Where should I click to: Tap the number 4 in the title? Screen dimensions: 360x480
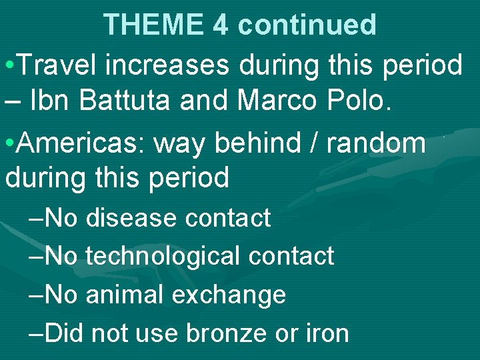coord(221,25)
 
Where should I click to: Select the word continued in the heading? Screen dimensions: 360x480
coord(307,25)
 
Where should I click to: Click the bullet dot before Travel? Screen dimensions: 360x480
coord(9,66)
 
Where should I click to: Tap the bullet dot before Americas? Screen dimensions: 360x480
coord(9,143)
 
